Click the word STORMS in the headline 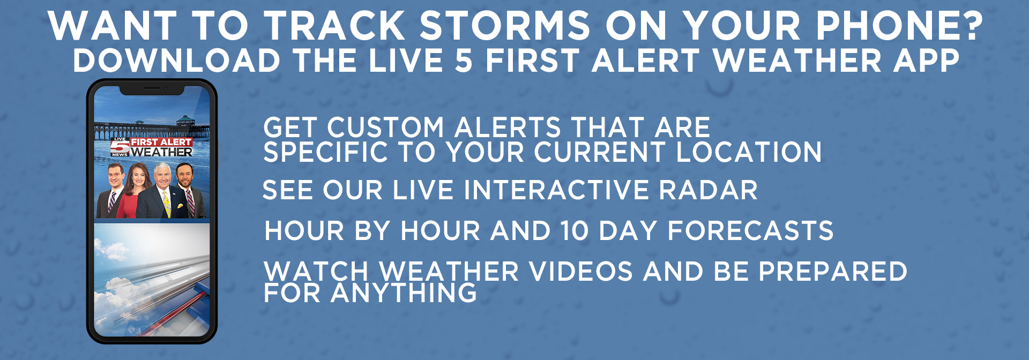[x=504, y=26]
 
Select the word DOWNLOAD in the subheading [x=177, y=60]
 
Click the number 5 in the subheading [x=464, y=60]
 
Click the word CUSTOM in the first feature [x=386, y=128]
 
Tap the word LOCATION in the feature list [x=749, y=152]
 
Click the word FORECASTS [x=750, y=231]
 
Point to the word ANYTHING [x=404, y=292]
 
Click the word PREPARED [x=833, y=271]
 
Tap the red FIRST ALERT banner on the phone [x=161, y=142]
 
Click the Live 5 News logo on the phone [x=120, y=147]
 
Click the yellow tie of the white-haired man [x=167, y=205]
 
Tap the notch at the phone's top [x=152, y=89]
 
